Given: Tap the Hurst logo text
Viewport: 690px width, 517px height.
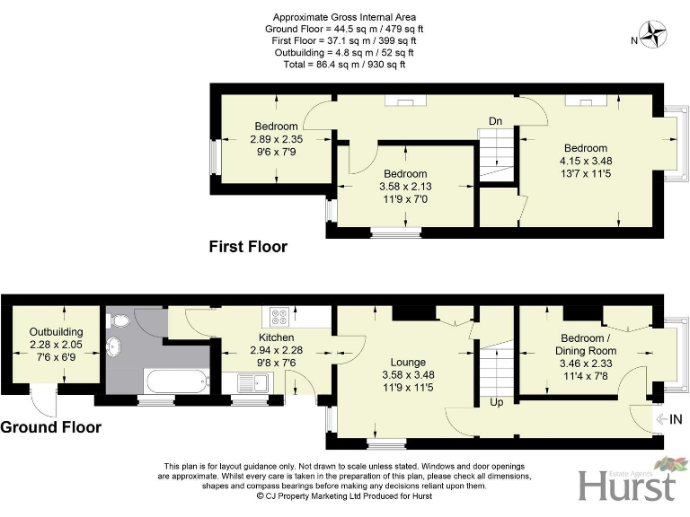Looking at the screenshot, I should point(627,486).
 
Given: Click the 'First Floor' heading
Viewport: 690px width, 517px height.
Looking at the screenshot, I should point(248,246).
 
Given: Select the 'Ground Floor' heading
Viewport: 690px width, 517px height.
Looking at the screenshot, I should point(50,427).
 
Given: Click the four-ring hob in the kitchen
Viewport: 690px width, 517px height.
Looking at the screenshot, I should point(279,316).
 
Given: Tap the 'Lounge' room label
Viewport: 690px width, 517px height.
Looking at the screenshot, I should point(409,362).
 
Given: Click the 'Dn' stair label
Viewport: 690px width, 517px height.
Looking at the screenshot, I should point(494,120).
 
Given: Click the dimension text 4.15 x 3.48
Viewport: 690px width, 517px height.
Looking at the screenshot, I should point(585,162).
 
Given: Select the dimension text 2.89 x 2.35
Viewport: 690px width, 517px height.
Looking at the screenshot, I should point(276,139).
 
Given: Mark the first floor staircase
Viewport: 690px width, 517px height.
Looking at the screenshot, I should point(496,154).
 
